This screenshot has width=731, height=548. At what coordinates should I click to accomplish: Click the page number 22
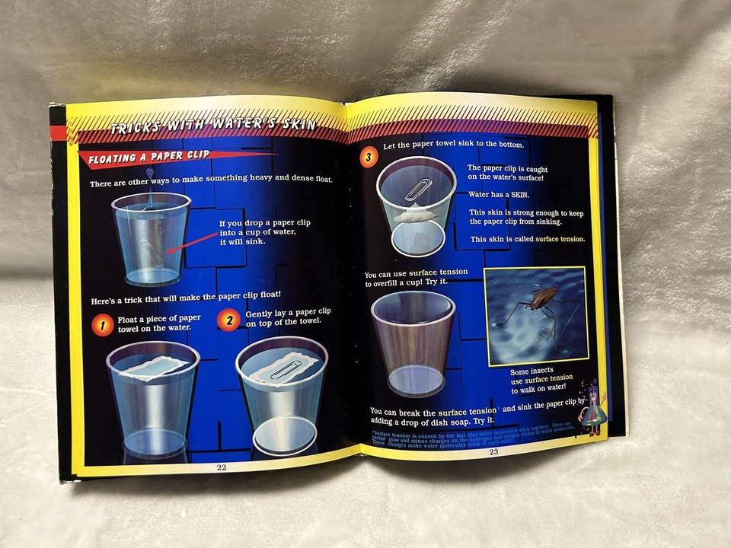coord(222,467)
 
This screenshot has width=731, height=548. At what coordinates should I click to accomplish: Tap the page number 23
coord(493,452)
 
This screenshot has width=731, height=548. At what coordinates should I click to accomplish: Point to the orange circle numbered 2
coord(228,320)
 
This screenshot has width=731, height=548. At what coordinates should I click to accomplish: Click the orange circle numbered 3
coord(369,158)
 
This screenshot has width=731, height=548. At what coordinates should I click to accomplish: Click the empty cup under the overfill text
coord(412,342)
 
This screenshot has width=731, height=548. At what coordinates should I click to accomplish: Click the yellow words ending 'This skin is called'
coord(560,239)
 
